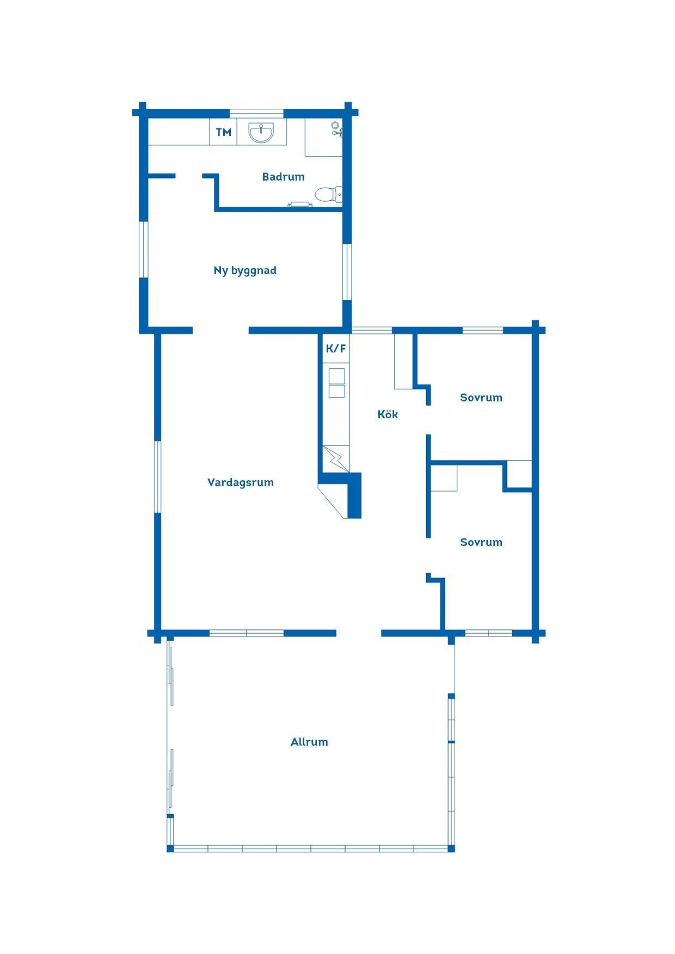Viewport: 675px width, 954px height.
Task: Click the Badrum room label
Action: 283,177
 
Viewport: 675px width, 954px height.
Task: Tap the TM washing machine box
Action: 223,132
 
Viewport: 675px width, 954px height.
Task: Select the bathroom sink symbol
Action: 261,132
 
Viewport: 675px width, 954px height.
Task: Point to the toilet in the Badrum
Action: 329,194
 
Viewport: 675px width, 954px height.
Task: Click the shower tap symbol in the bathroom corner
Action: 336,128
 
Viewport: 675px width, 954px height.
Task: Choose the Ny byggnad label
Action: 245,270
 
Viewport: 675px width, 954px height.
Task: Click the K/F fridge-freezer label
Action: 336,349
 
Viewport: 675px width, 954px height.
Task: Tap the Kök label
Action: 388,414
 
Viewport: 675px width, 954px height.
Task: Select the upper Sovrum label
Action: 481,398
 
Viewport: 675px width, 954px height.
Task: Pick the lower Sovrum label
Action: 481,542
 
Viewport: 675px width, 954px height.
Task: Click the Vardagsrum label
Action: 241,482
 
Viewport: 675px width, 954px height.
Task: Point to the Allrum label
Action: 309,742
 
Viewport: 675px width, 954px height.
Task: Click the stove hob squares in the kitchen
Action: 336,383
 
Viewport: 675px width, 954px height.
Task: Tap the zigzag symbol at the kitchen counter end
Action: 336,459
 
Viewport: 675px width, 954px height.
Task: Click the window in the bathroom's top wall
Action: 256,113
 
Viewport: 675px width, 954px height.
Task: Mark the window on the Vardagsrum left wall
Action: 158,476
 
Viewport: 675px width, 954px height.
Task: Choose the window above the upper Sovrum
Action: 483,330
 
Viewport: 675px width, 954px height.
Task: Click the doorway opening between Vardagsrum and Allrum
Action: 359,633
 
